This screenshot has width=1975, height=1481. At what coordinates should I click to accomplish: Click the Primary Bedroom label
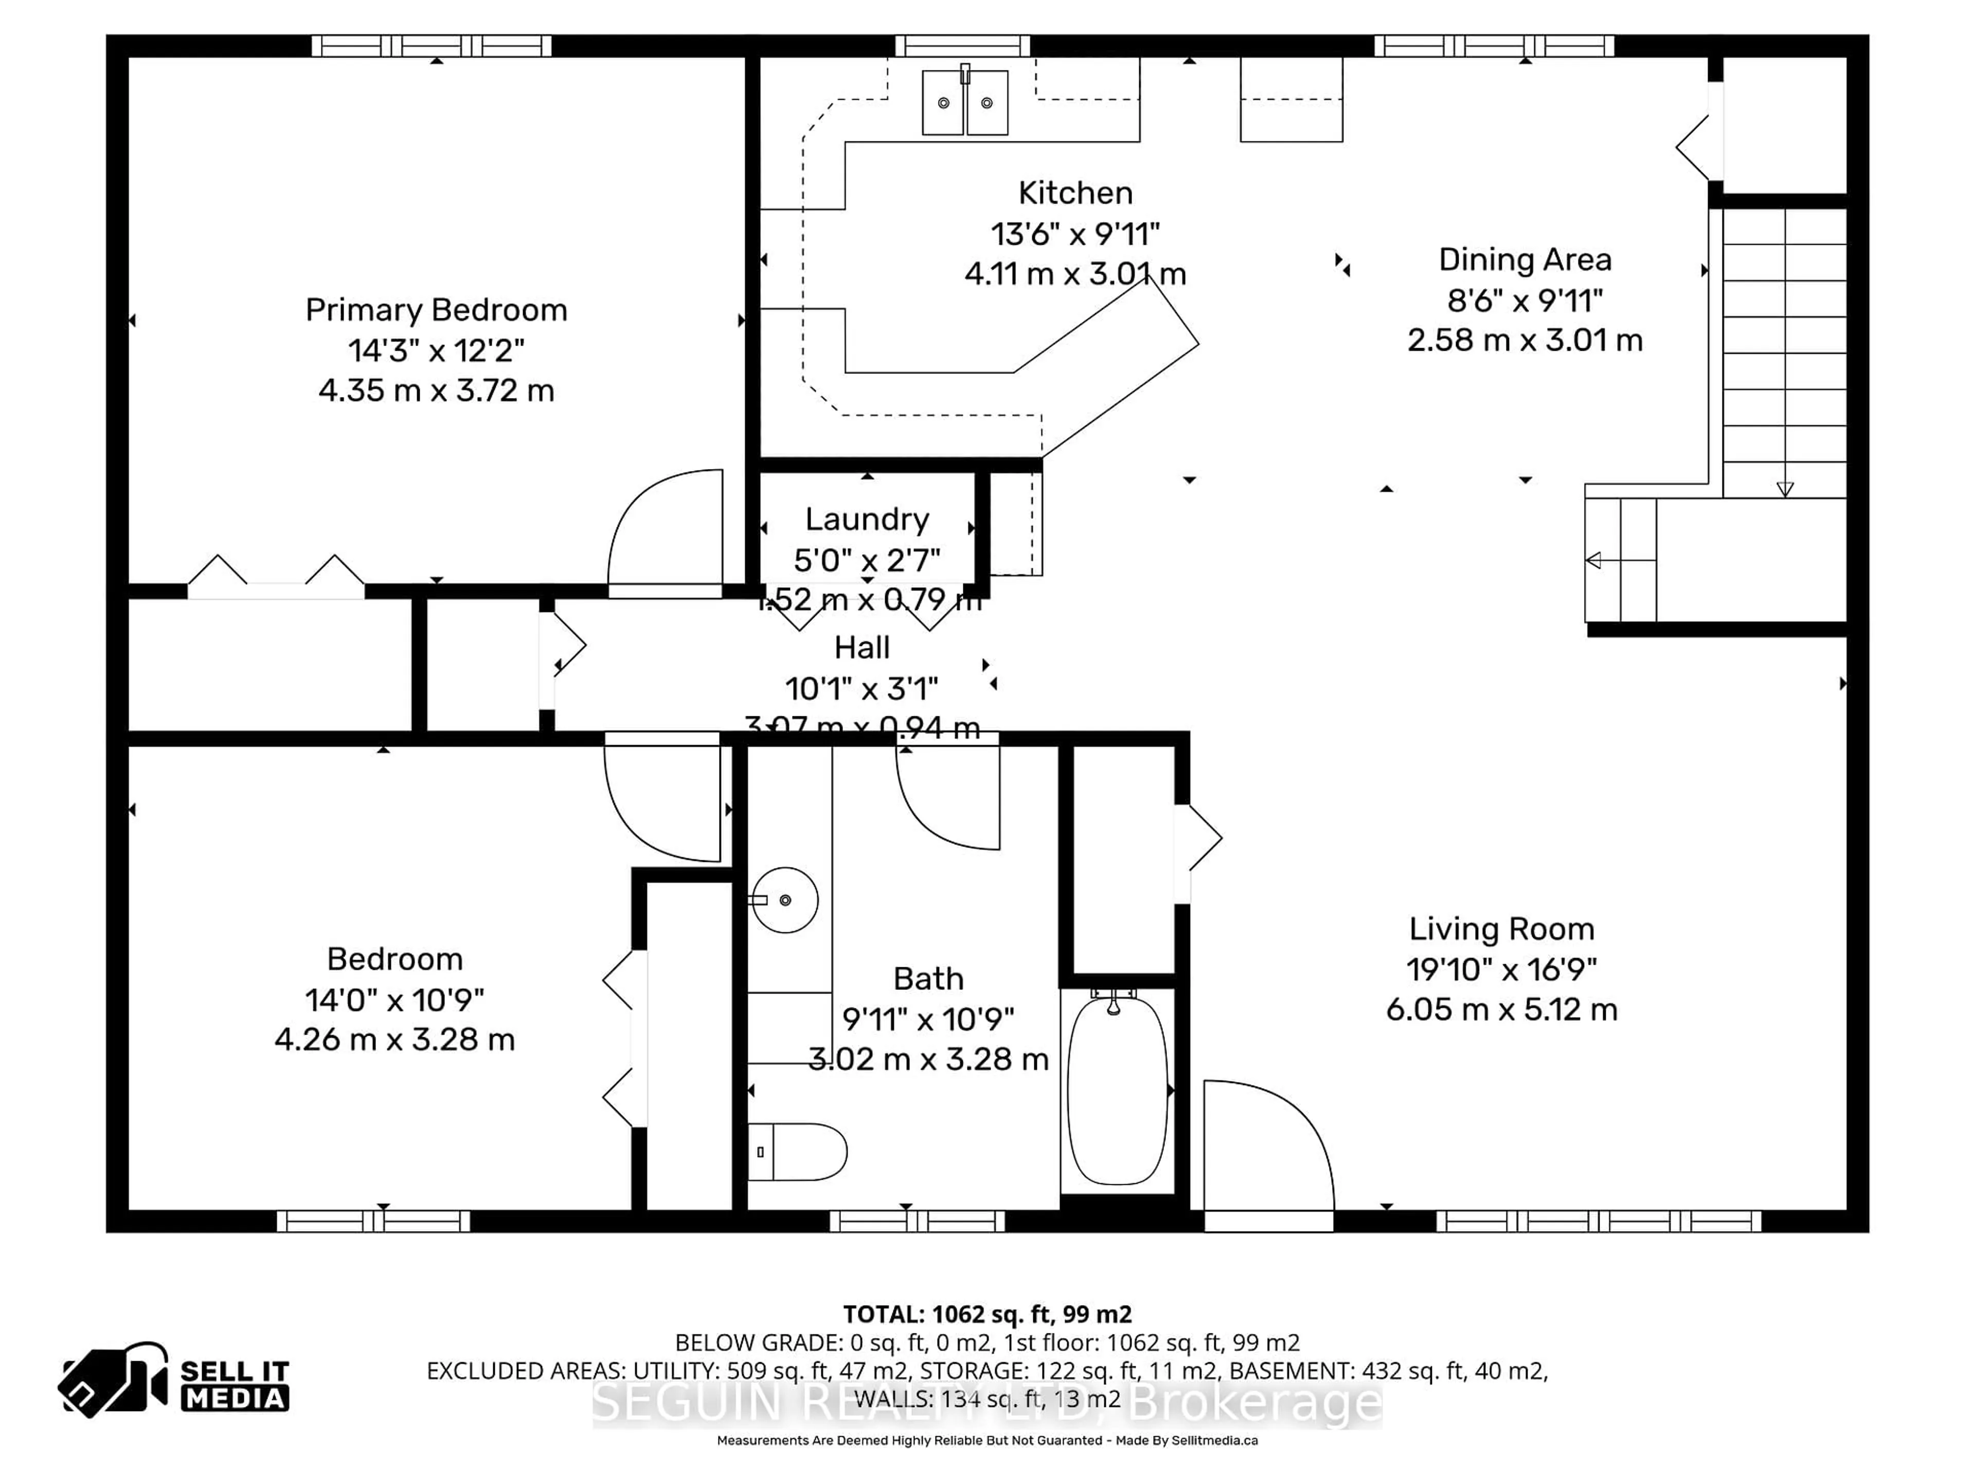[436, 310]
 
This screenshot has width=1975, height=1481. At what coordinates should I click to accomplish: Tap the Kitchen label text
[1075, 193]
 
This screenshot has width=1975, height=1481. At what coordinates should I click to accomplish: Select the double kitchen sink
[964, 103]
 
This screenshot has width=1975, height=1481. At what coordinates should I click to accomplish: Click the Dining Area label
[1524, 260]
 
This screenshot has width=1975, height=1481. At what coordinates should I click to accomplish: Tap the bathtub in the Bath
[1117, 1091]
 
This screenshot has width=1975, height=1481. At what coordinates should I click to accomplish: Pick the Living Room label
[1501, 929]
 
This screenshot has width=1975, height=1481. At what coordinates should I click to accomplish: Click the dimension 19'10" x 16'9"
[1501, 969]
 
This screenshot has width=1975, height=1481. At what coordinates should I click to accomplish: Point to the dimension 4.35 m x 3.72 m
[436, 391]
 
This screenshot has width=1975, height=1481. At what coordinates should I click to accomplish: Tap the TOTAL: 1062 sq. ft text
[986, 1314]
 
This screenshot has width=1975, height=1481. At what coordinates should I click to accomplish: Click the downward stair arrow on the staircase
[1784, 489]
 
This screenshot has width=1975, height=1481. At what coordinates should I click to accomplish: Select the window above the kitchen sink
[962, 46]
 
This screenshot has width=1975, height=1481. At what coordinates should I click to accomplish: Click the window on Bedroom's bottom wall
[373, 1221]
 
